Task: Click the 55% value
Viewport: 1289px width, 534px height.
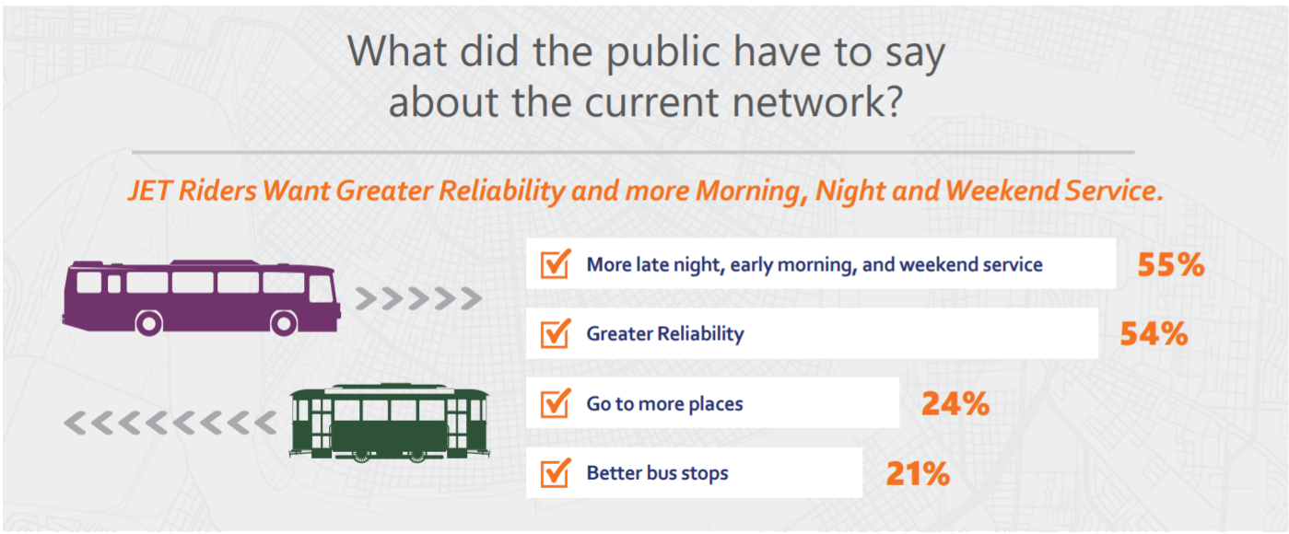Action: (1170, 265)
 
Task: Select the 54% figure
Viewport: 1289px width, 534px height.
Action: (1154, 334)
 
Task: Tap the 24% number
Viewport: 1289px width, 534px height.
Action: (955, 403)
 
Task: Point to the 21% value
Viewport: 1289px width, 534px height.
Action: (917, 473)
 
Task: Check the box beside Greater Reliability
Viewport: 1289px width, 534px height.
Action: (556, 333)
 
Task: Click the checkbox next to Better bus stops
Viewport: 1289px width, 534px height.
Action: (556, 473)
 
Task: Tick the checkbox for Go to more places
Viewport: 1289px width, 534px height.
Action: (556, 403)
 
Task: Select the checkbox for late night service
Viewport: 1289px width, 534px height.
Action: (556, 265)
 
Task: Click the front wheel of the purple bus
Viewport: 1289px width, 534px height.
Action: (284, 322)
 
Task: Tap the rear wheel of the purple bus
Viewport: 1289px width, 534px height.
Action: (148, 322)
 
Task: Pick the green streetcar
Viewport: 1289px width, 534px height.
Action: (389, 423)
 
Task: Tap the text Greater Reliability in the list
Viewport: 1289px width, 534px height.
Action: (664, 333)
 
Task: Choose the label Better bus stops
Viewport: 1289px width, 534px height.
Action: (657, 473)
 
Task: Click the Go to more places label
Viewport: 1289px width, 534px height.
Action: (664, 403)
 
